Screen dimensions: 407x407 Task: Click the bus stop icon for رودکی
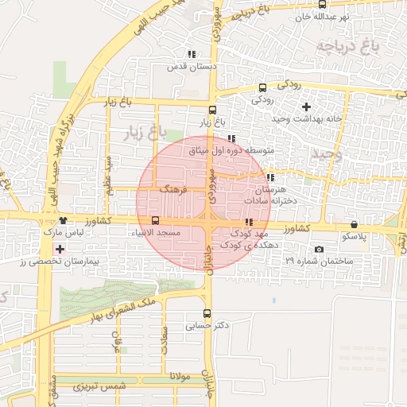pos(262,88)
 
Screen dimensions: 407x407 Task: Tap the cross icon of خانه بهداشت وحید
pos(306,107)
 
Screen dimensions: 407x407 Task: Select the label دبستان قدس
pos(192,67)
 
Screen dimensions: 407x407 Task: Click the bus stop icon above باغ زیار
pos(212,110)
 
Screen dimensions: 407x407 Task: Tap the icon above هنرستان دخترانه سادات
pos(270,178)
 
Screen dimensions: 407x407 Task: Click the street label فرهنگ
pos(172,191)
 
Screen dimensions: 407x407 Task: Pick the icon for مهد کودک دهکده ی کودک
pos(249,223)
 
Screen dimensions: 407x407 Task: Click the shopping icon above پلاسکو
pos(354,224)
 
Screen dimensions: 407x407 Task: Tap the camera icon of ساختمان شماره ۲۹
pos(319,250)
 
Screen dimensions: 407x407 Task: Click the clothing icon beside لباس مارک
pos(63,220)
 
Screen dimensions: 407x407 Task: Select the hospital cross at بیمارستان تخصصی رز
pos(59,250)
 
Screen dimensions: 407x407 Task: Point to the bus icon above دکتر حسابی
pos(207,313)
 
